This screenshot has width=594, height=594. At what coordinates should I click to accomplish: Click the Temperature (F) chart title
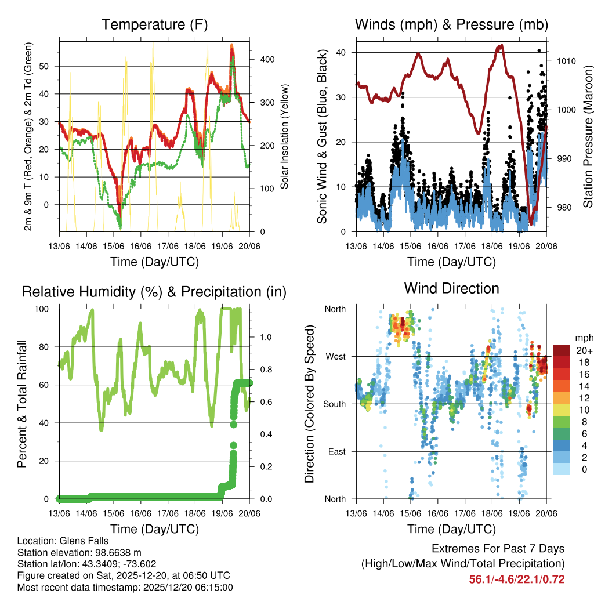tap(154, 24)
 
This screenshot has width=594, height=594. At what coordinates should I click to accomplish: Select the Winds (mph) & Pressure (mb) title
tap(451, 24)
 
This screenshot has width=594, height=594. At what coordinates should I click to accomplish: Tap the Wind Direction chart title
tap(451, 288)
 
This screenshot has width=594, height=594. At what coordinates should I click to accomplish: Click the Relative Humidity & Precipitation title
tap(154, 292)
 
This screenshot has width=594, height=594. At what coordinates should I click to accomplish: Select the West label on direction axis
tap(335, 356)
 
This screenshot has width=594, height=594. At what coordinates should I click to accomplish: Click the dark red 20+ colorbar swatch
tap(562, 350)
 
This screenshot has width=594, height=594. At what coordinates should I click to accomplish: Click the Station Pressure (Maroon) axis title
tap(587, 136)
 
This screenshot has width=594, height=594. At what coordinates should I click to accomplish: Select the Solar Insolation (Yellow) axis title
tap(285, 136)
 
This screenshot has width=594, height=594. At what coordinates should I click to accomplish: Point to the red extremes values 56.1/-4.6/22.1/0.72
tap(516, 579)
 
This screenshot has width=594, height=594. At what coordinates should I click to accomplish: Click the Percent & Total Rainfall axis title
tap(22, 404)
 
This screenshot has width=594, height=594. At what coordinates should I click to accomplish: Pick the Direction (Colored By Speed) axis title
tap(309, 404)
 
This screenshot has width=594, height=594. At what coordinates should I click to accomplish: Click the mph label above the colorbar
tap(584, 338)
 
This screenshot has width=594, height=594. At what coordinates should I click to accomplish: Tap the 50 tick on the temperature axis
tap(50, 66)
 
